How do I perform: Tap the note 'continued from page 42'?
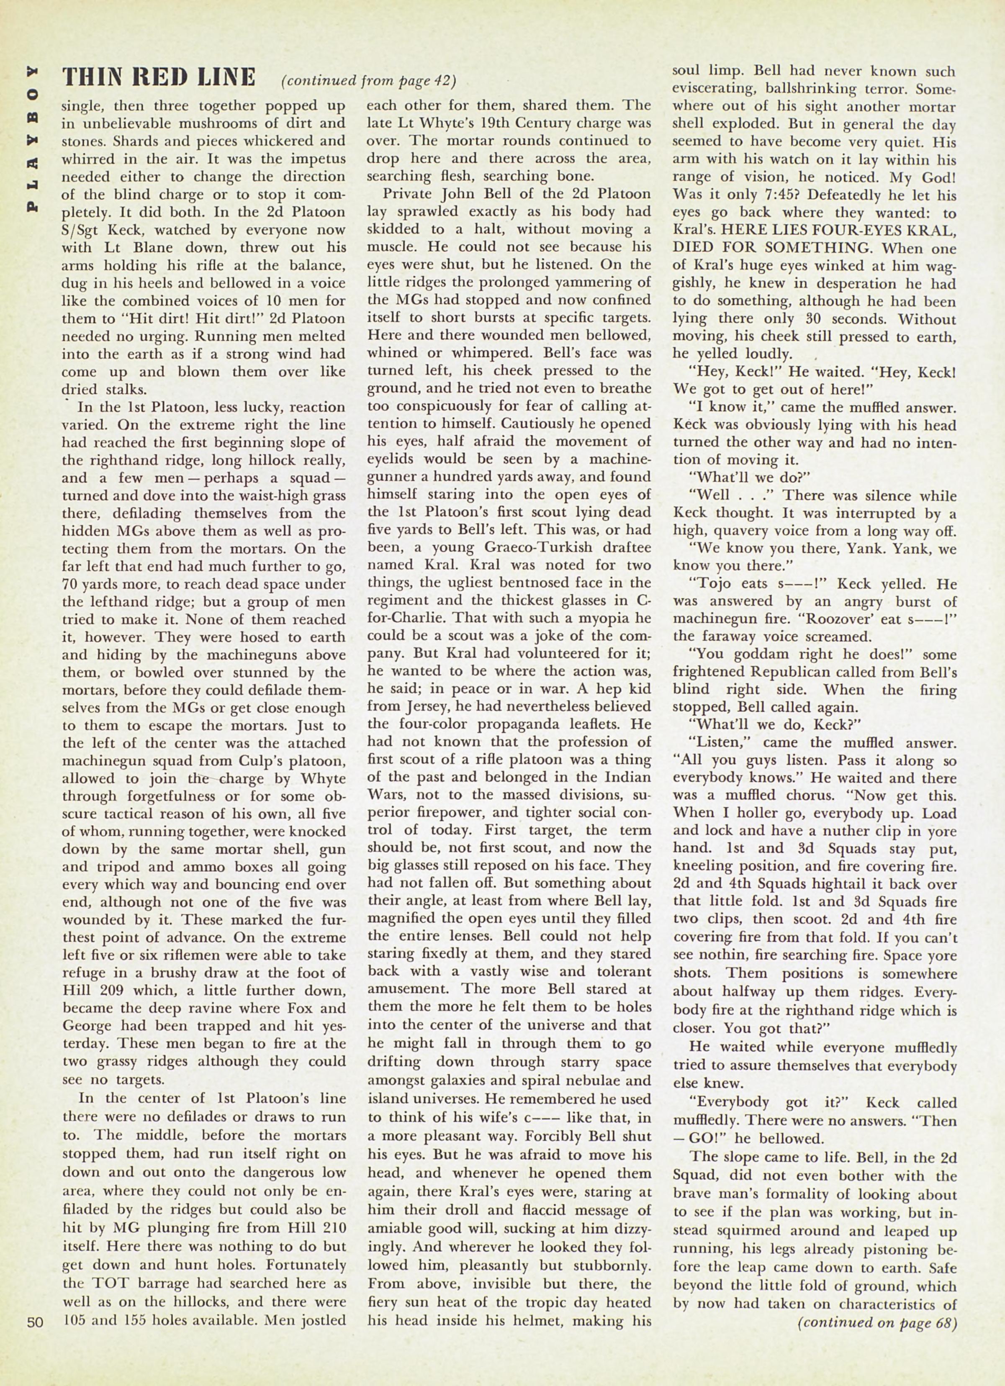(369, 81)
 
